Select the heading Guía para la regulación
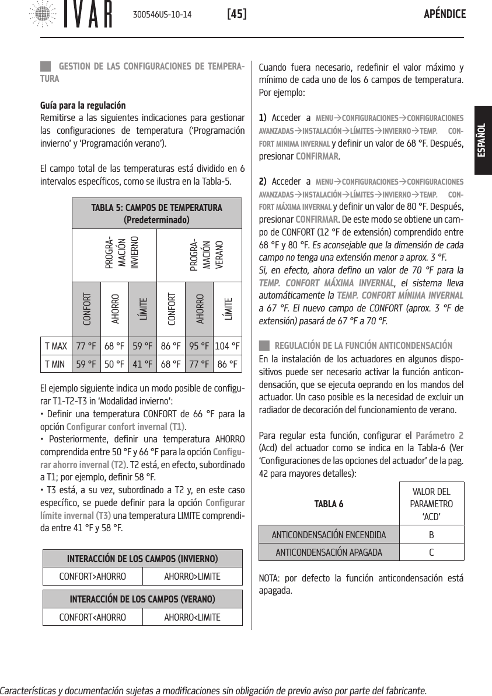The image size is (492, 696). [x=82, y=106]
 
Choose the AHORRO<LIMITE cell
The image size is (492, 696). [x=192, y=617]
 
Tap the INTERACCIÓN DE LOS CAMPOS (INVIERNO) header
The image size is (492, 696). [x=143, y=558]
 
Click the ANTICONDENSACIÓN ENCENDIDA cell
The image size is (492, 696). [x=330, y=535]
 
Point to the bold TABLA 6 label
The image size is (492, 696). [x=329, y=504]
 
